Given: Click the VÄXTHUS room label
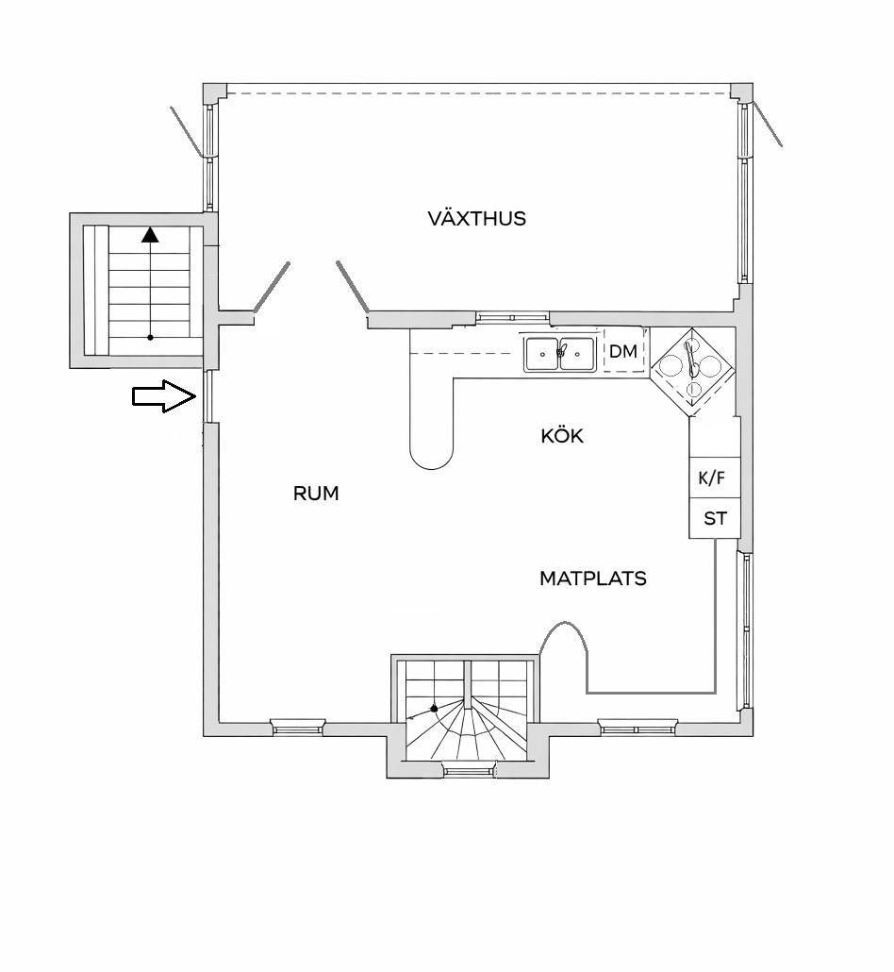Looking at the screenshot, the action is coord(476,218).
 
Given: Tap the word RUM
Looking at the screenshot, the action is coord(316,494).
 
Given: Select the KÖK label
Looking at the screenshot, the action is coord(562,436).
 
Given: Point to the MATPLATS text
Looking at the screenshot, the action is coord(593,578).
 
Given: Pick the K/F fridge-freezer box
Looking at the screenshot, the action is coord(714,478).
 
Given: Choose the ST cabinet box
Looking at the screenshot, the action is coord(714,518).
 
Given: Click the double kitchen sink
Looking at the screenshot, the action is coord(560,354).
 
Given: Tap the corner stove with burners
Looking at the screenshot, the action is coord(692,371).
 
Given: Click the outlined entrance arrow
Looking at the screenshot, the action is coord(164,396).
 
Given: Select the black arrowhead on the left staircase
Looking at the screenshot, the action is coord(150,235).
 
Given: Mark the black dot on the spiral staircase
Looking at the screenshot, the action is coord(435,708).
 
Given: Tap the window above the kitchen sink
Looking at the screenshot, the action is coord(512,317).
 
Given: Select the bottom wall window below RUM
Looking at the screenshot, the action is coord(298,728).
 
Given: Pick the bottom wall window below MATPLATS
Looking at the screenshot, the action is coord(638,728).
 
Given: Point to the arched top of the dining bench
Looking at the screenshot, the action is coord(563,623).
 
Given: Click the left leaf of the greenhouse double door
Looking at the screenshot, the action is coord(272,287).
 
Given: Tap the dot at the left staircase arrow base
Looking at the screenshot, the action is coord(150,337).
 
